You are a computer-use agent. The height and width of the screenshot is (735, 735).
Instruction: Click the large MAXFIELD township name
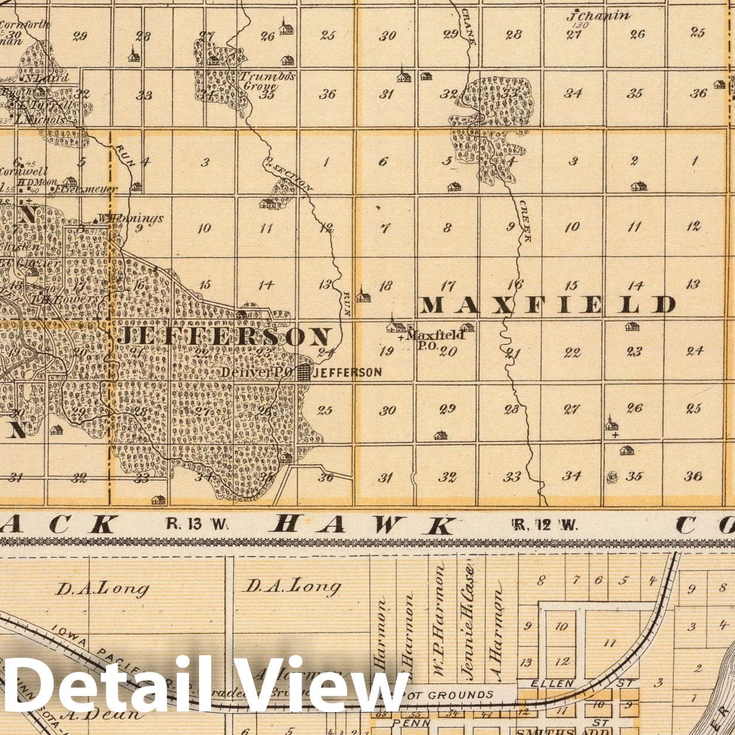tap(548, 304)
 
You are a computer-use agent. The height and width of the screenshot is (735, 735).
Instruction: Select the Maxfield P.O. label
tap(434, 338)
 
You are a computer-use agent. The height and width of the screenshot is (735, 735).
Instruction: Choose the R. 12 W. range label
tap(545, 524)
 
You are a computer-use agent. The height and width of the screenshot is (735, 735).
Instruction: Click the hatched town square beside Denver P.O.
tap(303, 372)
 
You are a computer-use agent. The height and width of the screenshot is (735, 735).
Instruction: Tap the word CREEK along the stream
tap(526, 221)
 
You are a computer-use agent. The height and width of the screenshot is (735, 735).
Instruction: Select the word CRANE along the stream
tap(468, 26)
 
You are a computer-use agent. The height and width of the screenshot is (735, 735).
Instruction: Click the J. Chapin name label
tap(597, 16)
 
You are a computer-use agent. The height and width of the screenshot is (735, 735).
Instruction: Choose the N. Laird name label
tap(47, 77)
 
